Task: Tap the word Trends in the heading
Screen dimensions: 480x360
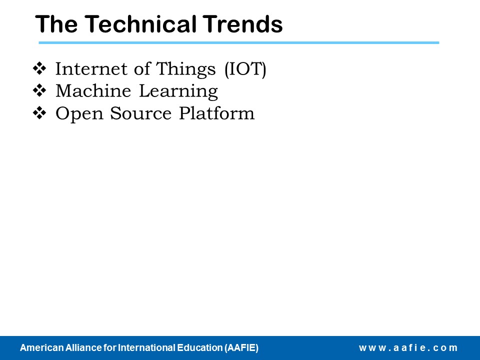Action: coord(242,24)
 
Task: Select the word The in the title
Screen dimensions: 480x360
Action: coord(56,24)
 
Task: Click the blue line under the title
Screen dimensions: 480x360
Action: coord(239,43)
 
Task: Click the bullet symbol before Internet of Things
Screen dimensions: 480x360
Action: coord(39,68)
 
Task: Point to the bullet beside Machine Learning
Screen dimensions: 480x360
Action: coord(39,90)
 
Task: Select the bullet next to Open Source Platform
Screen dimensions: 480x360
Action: coord(39,113)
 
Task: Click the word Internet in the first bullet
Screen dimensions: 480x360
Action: coord(91,68)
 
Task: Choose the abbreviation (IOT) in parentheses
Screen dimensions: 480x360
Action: coord(245,69)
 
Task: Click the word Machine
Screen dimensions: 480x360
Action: coord(93,91)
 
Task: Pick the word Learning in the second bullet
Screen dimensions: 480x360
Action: coord(178,91)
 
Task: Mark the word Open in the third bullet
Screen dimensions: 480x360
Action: coord(79,114)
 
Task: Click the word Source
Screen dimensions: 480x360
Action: coord(141,113)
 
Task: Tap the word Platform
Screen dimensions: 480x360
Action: coord(216,113)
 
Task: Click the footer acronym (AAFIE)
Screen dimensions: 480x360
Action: coord(241,348)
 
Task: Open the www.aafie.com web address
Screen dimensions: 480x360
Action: coord(408,348)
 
